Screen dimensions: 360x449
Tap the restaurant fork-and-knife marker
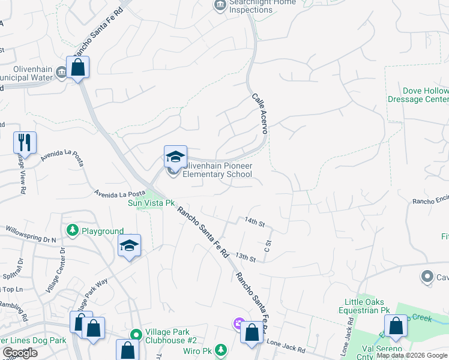(x=25, y=143)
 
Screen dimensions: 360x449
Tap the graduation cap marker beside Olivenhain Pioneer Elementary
(x=175, y=157)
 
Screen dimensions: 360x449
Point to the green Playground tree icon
(x=73, y=230)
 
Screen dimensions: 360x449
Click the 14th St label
(x=255, y=223)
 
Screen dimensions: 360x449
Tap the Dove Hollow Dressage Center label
(x=426, y=95)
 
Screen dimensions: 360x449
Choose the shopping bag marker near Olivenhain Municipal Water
(x=78, y=67)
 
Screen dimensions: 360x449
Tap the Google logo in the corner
(x=20, y=353)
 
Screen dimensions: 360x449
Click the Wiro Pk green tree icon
(x=221, y=349)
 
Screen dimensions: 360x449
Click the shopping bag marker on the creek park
(x=396, y=326)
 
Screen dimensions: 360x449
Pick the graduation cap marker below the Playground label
(x=130, y=245)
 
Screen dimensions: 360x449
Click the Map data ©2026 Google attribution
(x=412, y=355)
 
